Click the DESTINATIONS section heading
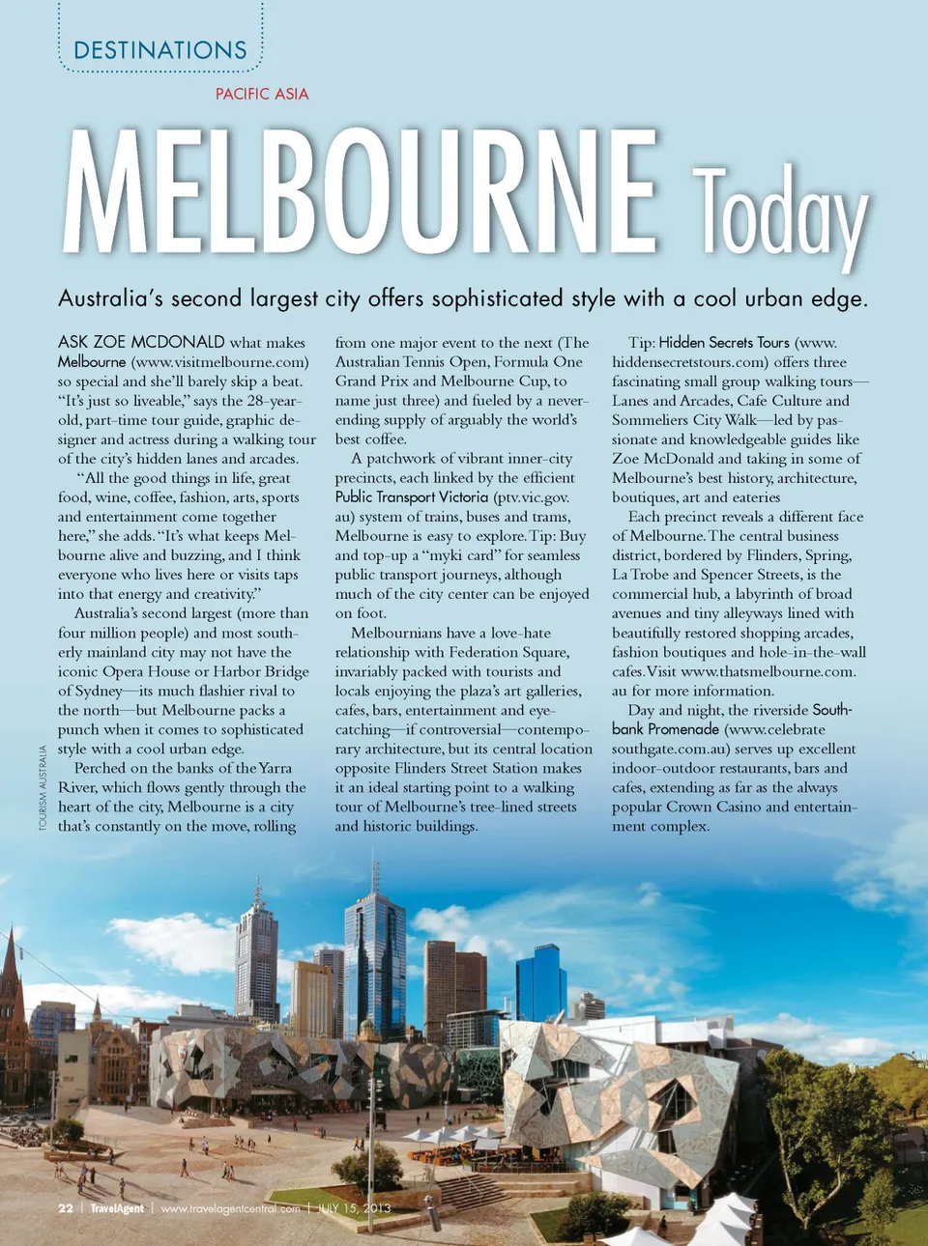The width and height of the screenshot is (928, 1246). click(x=160, y=50)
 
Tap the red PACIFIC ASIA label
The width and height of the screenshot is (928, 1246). click(x=262, y=94)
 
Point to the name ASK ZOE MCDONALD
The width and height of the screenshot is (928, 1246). click(x=141, y=342)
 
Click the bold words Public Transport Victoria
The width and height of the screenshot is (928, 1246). click(x=412, y=496)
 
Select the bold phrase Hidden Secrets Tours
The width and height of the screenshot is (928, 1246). click(x=724, y=342)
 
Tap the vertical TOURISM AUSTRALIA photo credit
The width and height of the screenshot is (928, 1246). click(x=43, y=787)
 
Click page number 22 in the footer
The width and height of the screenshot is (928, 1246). click(x=66, y=1208)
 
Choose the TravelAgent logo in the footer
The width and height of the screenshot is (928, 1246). click(x=117, y=1208)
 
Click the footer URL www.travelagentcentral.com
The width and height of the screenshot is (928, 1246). click(x=230, y=1208)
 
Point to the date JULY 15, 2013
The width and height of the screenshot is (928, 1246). click(x=355, y=1208)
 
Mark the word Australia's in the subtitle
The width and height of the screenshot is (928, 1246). click(x=109, y=298)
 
